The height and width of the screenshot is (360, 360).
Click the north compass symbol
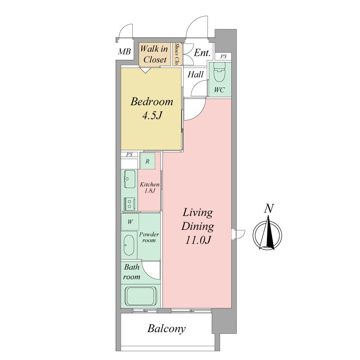click(267, 234)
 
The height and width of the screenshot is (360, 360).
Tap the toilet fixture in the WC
click(219, 72)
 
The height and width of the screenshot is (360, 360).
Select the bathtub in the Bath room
click(141, 296)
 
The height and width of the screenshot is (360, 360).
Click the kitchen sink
click(130, 179)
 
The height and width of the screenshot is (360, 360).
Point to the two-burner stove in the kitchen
click(130, 204)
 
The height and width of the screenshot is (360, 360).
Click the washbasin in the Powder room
click(129, 245)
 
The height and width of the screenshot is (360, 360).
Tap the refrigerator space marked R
click(148, 161)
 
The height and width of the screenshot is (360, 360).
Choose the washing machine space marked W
click(130, 222)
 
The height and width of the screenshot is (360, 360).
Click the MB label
click(124, 51)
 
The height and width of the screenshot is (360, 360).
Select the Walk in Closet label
click(154, 54)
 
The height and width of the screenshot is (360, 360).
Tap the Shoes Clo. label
click(177, 54)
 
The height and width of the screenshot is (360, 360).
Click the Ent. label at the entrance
click(202, 53)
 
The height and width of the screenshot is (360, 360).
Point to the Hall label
click(195, 74)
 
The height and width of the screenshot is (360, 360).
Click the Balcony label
click(166, 329)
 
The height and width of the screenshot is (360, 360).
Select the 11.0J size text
click(198, 240)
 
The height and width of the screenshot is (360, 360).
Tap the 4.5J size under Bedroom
click(152, 116)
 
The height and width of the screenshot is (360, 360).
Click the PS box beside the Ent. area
click(223, 56)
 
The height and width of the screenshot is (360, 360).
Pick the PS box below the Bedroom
click(130, 154)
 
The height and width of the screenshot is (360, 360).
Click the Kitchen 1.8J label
click(149, 187)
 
